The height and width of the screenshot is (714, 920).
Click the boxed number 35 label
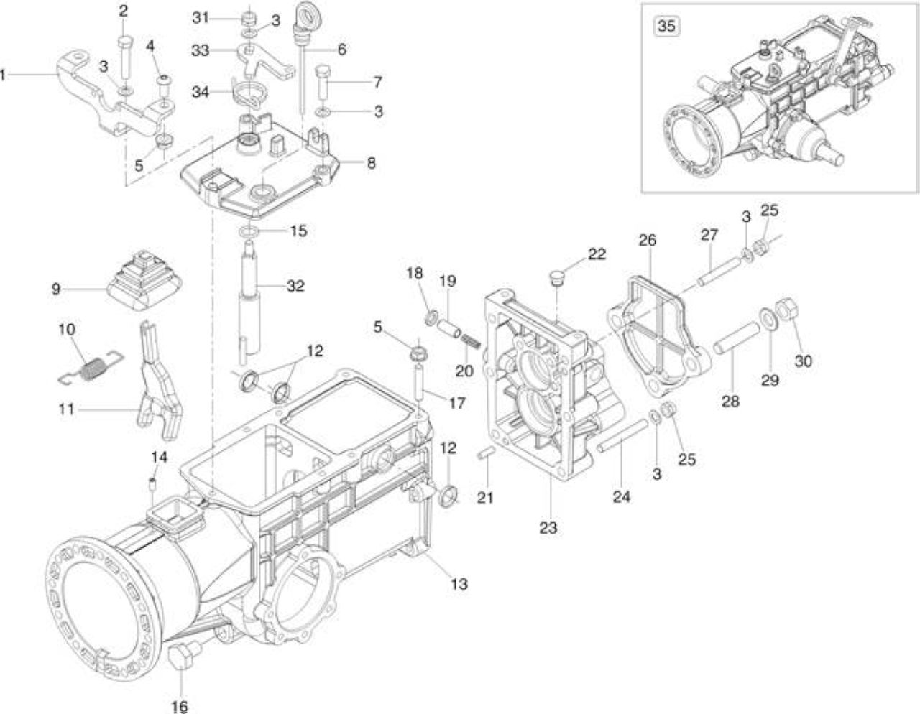click(666, 27)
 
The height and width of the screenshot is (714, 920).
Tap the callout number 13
click(459, 584)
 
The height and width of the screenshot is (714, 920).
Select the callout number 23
click(548, 528)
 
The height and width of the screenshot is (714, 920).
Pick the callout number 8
click(371, 163)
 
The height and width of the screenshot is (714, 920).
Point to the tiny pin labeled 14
click(153, 483)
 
